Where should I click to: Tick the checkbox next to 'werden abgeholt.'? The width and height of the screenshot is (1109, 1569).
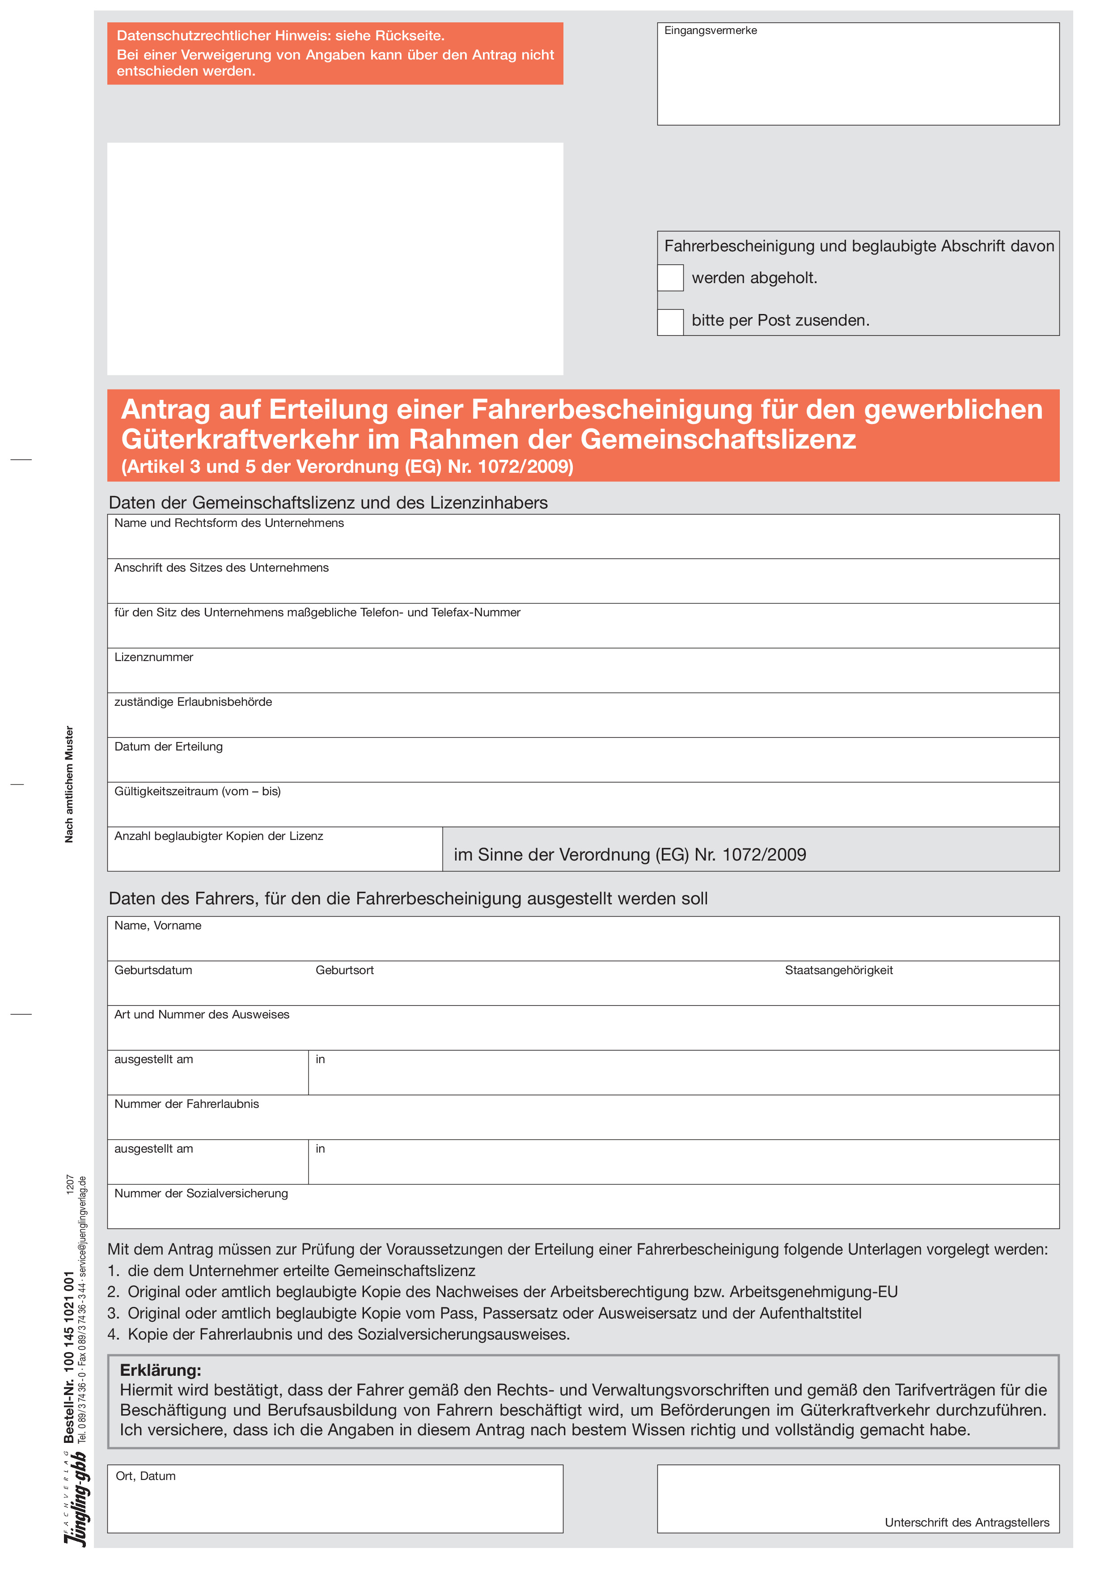(670, 278)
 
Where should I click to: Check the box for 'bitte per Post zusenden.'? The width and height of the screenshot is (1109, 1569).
(670, 322)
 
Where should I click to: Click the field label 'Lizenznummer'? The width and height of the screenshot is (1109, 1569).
(154, 657)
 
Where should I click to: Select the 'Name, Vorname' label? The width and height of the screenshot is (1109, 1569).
(158, 926)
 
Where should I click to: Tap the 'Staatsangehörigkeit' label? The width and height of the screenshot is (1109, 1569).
(838, 971)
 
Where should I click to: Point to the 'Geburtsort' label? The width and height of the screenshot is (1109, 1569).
(344, 971)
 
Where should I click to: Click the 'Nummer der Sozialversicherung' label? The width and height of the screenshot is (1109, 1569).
(201, 1194)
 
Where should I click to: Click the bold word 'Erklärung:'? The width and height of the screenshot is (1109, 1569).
(161, 1370)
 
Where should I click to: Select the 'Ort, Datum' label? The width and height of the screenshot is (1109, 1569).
(145, 1476)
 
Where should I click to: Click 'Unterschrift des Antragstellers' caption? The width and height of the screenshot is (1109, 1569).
(967, 1522)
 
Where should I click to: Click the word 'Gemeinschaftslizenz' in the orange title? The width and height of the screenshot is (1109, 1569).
(718, 439)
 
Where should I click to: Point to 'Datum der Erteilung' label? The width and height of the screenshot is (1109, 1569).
(169, 747)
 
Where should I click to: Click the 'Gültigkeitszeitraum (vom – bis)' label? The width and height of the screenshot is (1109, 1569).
(198, 791)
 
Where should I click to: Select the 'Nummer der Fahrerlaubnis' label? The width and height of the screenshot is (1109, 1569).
(186, 1104)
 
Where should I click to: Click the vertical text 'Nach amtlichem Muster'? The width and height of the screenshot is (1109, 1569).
(69, 784)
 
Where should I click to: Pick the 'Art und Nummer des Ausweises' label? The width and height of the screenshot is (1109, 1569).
(202, 1015)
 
